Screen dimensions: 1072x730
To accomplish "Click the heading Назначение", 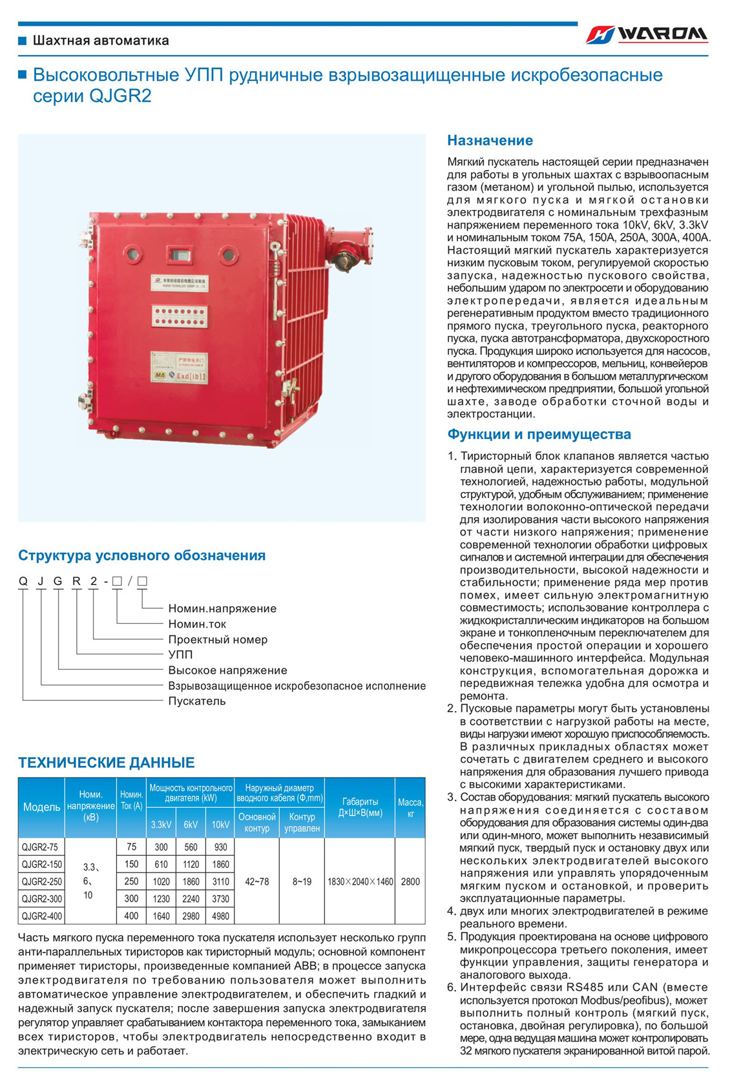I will (490, 141).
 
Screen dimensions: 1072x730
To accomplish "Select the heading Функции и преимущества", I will (539, 435).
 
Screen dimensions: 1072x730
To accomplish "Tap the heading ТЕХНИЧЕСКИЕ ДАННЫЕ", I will (106, 763).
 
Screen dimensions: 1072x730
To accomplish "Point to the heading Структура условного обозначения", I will (141, 555).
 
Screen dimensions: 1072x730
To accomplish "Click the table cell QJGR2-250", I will (41, 881).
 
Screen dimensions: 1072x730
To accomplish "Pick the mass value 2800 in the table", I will (410, 881).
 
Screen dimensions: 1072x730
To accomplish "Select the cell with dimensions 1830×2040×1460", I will (360, 881).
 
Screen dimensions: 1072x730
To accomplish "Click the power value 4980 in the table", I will (220, 916).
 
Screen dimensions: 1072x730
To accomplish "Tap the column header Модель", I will (41, 807).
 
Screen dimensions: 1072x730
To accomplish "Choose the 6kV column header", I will (191, 825).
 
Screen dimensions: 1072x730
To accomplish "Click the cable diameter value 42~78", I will (257, 881).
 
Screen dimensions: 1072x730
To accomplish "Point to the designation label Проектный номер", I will (218, 639).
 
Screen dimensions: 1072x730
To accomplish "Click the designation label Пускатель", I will (197, 701).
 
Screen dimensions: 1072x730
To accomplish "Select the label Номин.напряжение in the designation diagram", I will (222, 608).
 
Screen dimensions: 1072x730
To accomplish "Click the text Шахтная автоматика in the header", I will (101, 41).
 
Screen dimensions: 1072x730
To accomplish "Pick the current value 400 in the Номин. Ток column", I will (131, 916).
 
